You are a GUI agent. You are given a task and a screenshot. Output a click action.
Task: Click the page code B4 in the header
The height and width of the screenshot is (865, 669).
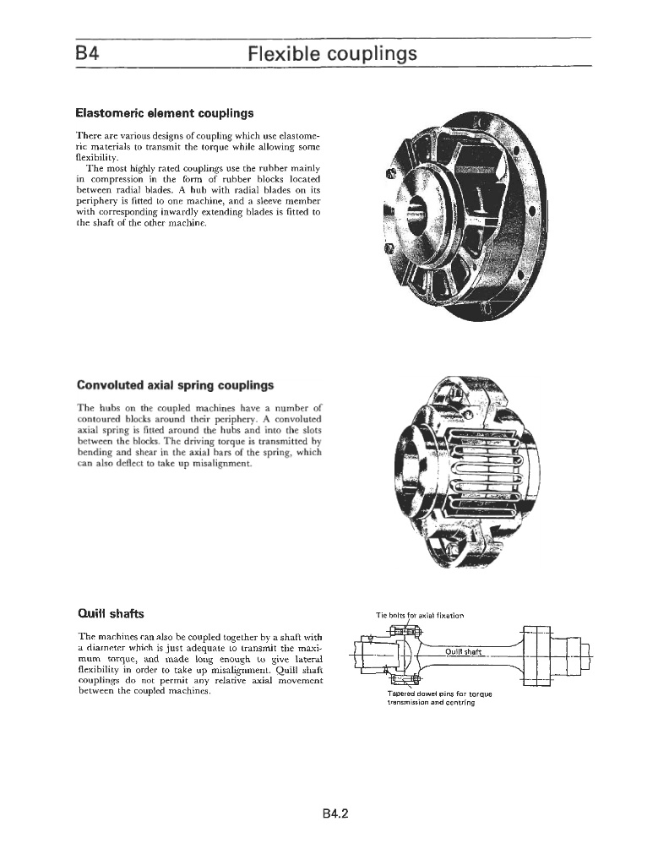[88, 54]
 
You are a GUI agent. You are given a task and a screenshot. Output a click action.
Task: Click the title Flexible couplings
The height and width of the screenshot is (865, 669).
[333, 54]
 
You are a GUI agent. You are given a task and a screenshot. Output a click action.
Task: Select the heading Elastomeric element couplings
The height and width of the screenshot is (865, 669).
[165, 112]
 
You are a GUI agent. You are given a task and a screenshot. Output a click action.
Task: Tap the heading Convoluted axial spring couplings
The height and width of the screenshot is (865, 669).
[175, 385]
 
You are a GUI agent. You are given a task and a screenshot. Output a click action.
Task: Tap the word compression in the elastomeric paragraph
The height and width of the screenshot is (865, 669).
[114, 179]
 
